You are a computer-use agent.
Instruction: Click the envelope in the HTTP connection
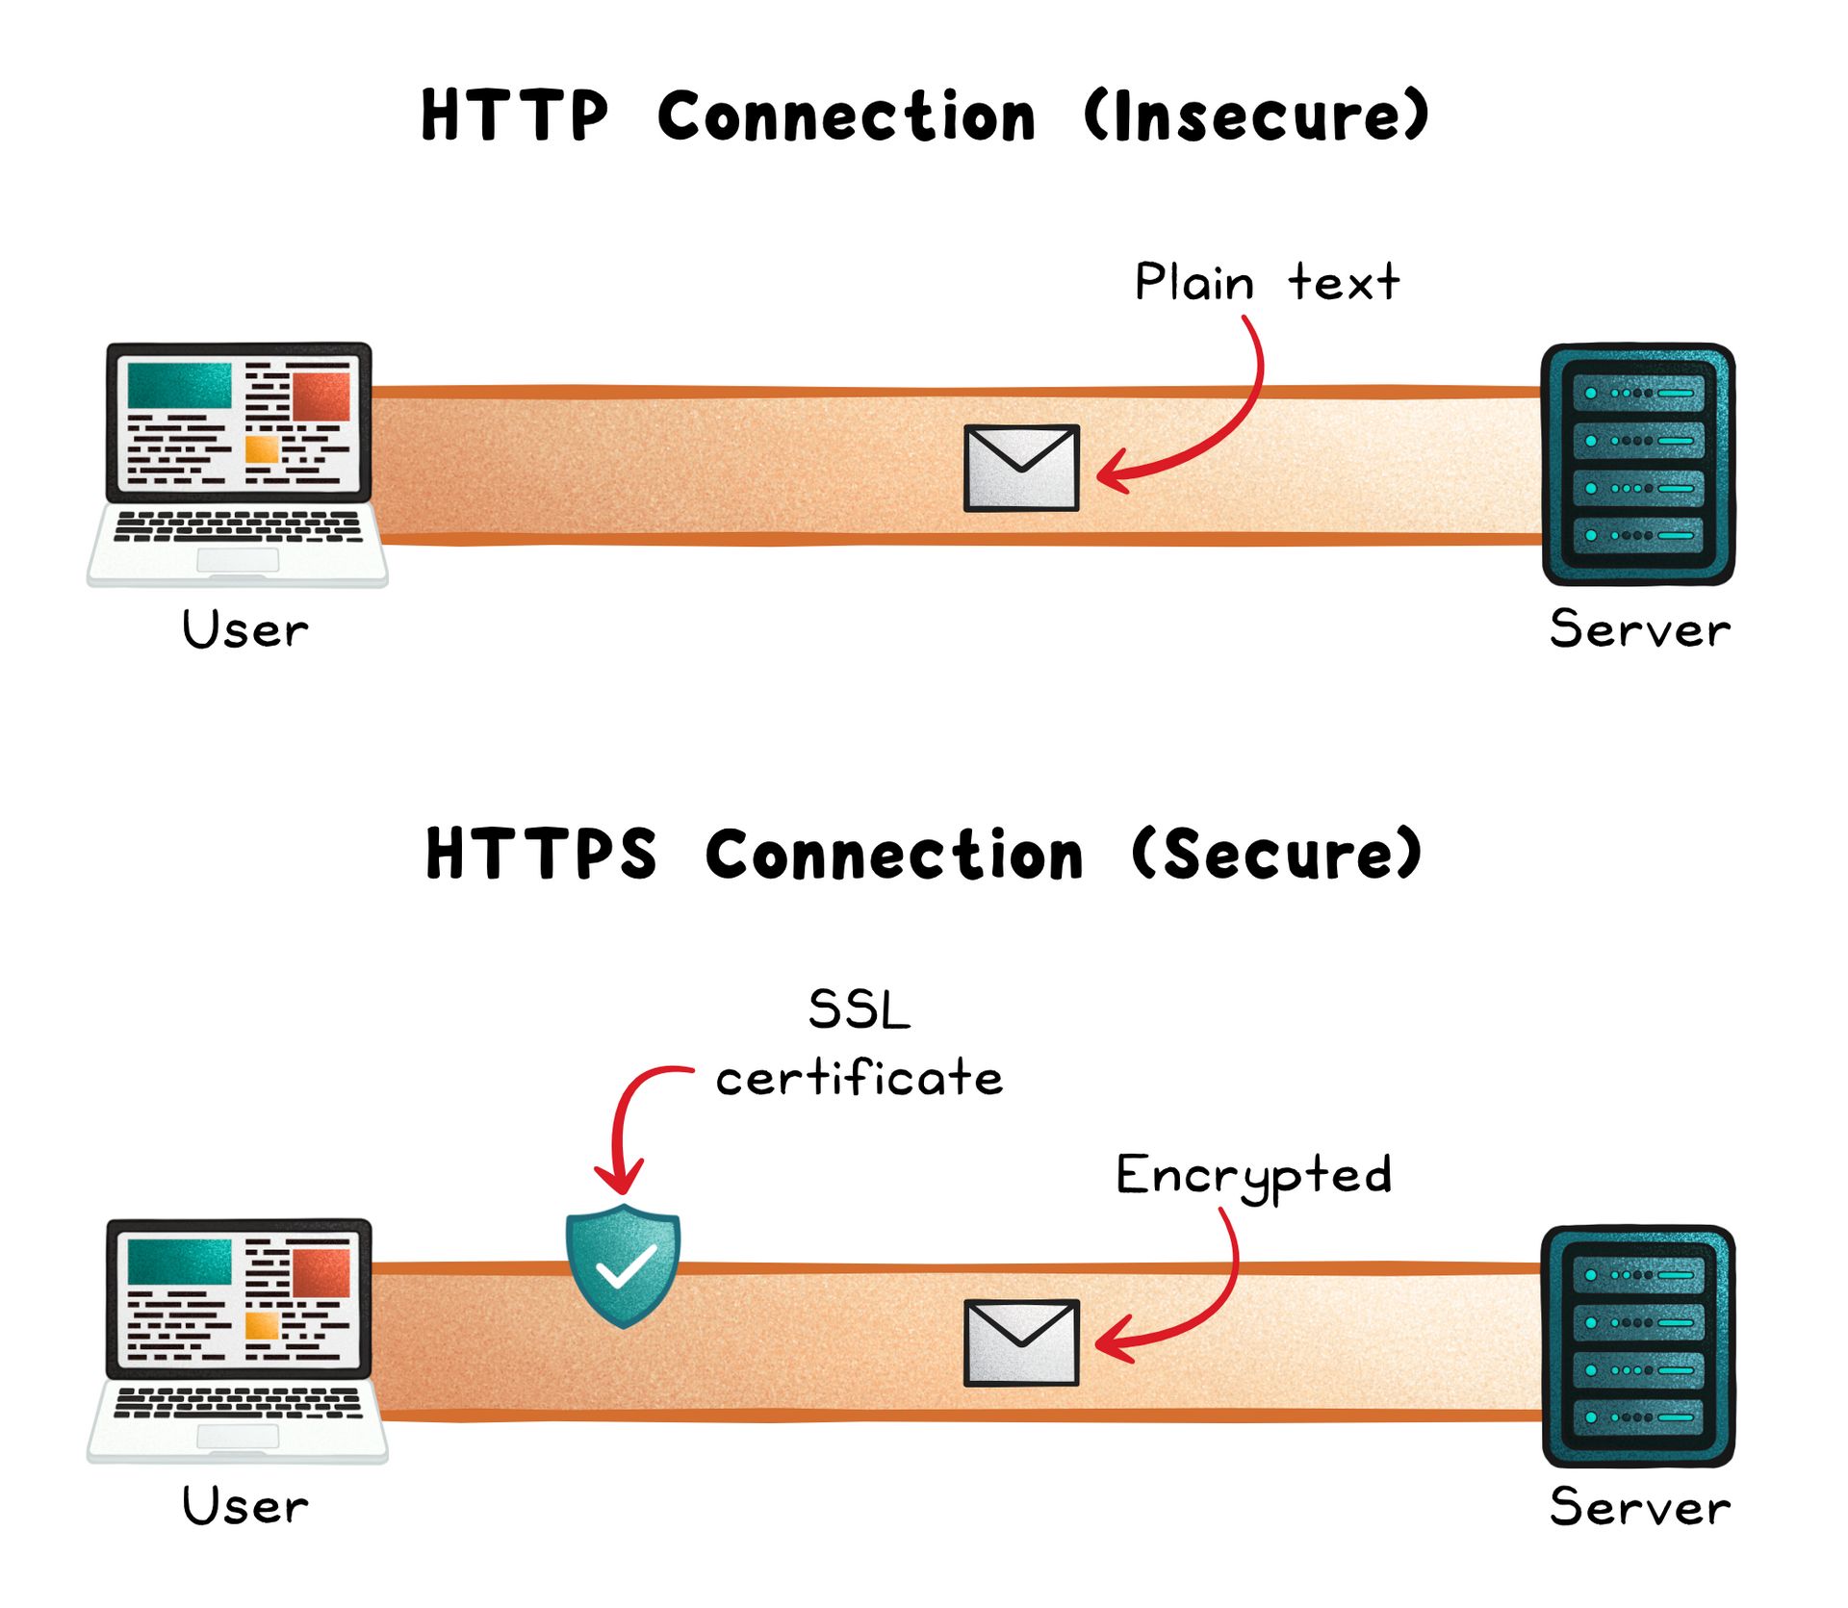(1021, 468)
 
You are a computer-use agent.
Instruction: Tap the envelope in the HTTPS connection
(1021, 1342)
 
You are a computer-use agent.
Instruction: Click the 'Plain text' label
(1267, 283)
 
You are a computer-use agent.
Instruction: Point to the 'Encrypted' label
(1254, 1175)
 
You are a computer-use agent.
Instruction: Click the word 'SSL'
(859, 1010)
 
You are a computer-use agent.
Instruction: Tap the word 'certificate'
(859, 1078)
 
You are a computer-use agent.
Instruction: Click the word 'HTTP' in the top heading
(515, 116)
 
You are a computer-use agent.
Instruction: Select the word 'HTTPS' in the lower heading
(541, 854)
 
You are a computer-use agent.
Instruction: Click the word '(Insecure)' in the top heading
(1256, 116)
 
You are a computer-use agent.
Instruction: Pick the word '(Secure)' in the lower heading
(1276, 854)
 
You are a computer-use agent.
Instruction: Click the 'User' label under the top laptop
(245, 630)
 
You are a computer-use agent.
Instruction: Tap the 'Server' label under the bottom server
(1639, 1507)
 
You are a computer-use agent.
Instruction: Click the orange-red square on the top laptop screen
(321, 396)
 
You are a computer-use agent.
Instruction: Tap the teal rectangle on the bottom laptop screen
(180, 1261)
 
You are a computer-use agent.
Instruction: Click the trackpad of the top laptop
(238, 560)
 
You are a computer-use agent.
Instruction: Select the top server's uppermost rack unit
(1637, 394)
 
